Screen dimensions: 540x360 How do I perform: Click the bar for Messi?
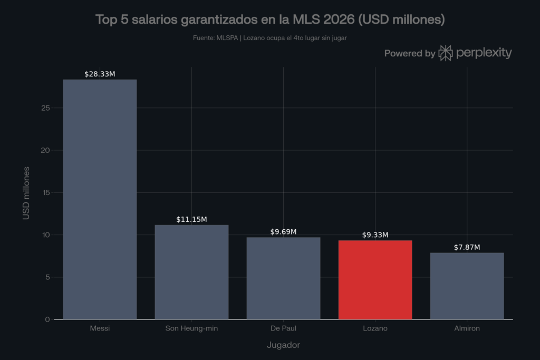100,199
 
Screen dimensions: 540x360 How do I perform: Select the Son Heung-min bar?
191,272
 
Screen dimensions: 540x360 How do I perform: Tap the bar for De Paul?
283,278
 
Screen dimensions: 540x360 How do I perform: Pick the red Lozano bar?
375,280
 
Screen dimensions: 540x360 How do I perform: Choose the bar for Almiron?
467,286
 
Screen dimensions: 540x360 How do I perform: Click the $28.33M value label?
100,74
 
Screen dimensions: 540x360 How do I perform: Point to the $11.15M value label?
191,219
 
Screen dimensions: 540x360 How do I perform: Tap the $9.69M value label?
283,231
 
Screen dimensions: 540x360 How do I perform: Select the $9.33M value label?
375,235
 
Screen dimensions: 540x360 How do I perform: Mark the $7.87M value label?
467,247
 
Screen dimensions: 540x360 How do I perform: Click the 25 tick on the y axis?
45,108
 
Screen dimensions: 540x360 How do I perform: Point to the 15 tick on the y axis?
46,193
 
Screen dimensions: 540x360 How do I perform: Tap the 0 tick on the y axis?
47,319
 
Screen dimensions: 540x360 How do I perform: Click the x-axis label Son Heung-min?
191,328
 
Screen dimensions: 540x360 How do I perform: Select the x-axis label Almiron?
467,328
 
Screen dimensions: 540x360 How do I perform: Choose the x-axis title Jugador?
283,345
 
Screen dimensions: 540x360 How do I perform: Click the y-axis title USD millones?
26,193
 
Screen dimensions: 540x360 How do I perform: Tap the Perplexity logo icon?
445,53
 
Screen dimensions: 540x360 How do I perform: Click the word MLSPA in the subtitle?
227,38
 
